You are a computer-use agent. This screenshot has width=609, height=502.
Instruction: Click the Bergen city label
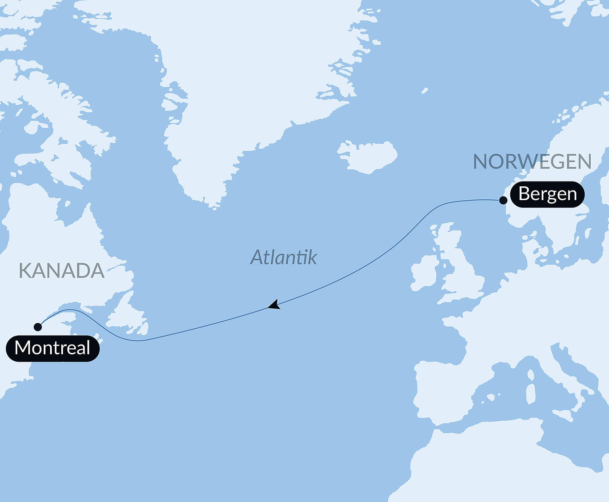547,194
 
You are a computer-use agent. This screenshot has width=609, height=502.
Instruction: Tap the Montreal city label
53,348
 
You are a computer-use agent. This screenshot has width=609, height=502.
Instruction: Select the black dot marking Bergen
503,200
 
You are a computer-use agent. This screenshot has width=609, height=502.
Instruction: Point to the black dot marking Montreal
38,327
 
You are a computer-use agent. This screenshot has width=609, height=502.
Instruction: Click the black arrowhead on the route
274,305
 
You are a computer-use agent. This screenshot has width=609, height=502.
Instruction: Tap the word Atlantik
284,257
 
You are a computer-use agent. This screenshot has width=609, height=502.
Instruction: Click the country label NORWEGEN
532,162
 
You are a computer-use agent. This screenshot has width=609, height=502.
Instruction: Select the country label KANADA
61,271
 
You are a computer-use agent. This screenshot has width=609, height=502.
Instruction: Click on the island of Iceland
368,157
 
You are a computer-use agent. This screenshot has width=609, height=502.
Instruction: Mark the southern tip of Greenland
213,206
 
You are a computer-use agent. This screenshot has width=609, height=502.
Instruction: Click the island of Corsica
530,374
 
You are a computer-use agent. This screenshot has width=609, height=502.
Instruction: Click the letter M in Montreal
21,348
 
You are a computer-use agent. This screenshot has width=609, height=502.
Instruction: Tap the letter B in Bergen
524,194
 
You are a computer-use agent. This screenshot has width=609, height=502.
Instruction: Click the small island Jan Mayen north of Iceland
425,91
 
